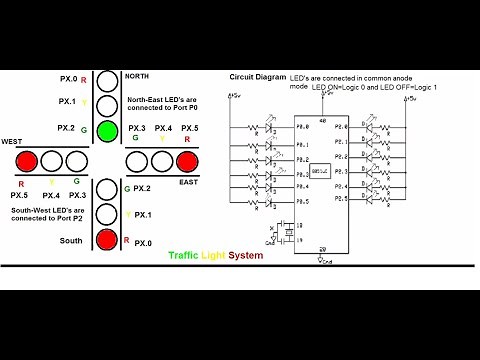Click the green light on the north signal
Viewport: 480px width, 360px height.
107,130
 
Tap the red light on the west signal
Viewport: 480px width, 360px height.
27,160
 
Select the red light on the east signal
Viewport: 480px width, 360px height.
185,160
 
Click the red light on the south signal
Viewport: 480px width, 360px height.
107,240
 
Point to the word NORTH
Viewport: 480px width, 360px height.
138,76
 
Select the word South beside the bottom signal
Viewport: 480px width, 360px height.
71,240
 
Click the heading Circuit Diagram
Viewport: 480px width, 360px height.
257,77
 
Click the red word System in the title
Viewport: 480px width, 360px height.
244,256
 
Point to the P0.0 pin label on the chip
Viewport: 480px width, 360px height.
303,128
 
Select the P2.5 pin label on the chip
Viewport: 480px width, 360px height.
340,199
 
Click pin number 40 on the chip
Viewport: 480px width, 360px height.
321,119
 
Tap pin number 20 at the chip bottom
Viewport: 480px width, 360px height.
321,249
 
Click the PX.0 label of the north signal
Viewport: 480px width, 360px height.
68,77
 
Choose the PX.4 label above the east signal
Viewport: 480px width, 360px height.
162,129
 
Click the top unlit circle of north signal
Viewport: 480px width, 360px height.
107,78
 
